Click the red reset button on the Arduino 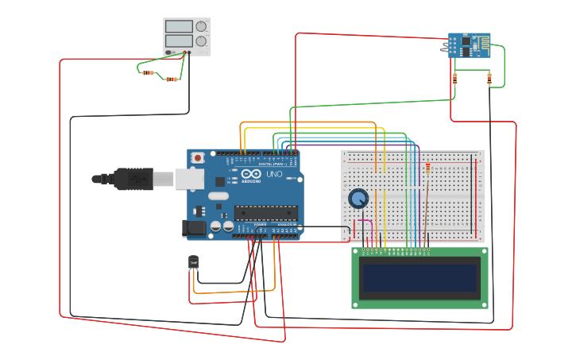(198, 158)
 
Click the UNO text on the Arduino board (273, 174)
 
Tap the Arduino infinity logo (252, 174)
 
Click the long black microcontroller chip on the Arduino (265, 212)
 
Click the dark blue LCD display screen (419, 278)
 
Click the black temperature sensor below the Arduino (193, 261)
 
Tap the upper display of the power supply (179, 26)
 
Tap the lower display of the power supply (179, 41)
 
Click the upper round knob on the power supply (201, 26)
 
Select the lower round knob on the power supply (201, 41)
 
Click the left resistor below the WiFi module (454, 78)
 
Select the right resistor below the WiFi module (489, 78)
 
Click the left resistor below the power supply (149, 73)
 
